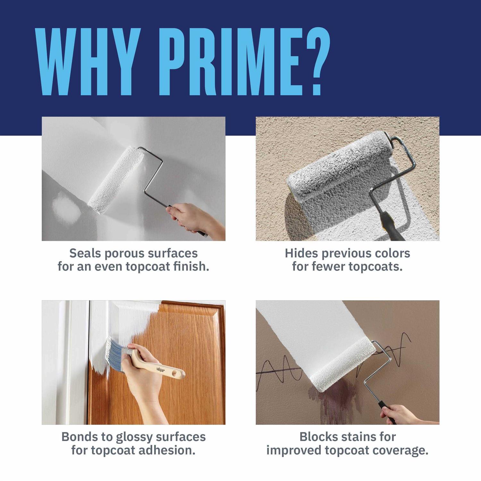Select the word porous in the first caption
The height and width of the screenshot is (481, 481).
coord(124,253)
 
